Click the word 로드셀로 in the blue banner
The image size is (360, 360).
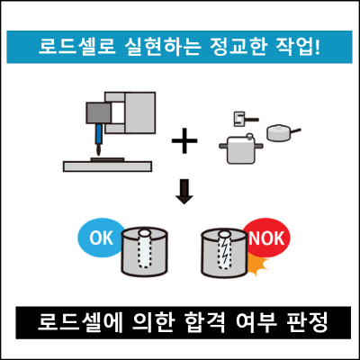[x=77, y=47]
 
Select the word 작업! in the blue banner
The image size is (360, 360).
[x=298, y=47]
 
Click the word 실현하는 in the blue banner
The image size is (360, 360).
[x=161, y=47]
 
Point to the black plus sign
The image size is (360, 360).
[x=184, y=140]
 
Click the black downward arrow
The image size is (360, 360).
[x=184, y=192]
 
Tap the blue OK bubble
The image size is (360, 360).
[x=101, y=238]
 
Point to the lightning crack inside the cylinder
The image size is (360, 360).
[x=224, y=251]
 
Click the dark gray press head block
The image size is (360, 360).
[x=99, y=112]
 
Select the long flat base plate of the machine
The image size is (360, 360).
[x=107, y=166]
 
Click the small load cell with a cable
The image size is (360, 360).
[x=244, y=119]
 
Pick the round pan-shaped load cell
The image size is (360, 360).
[x=282, y=133]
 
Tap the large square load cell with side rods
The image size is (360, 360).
[x=241, y=148]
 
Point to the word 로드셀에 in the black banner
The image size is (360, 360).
[x=80, y=323]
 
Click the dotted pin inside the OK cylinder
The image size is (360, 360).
[x=144, y=249]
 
